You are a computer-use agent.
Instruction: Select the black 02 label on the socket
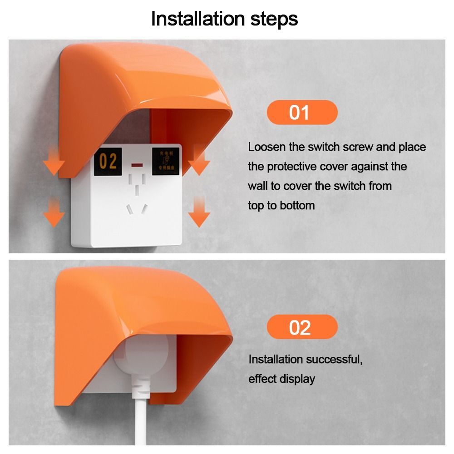tap(109, 161)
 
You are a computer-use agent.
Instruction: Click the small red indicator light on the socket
tap(135, 163)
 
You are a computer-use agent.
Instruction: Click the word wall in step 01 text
tap(258, 186)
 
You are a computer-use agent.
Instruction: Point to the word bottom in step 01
tap(297, 206)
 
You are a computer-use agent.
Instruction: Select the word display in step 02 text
tap(299, 379)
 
